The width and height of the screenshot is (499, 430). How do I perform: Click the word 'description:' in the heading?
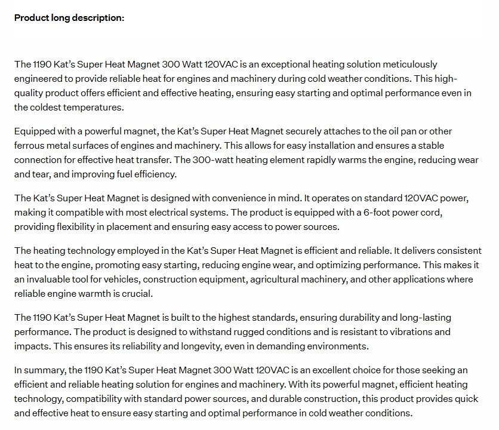(x=99, y=18)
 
